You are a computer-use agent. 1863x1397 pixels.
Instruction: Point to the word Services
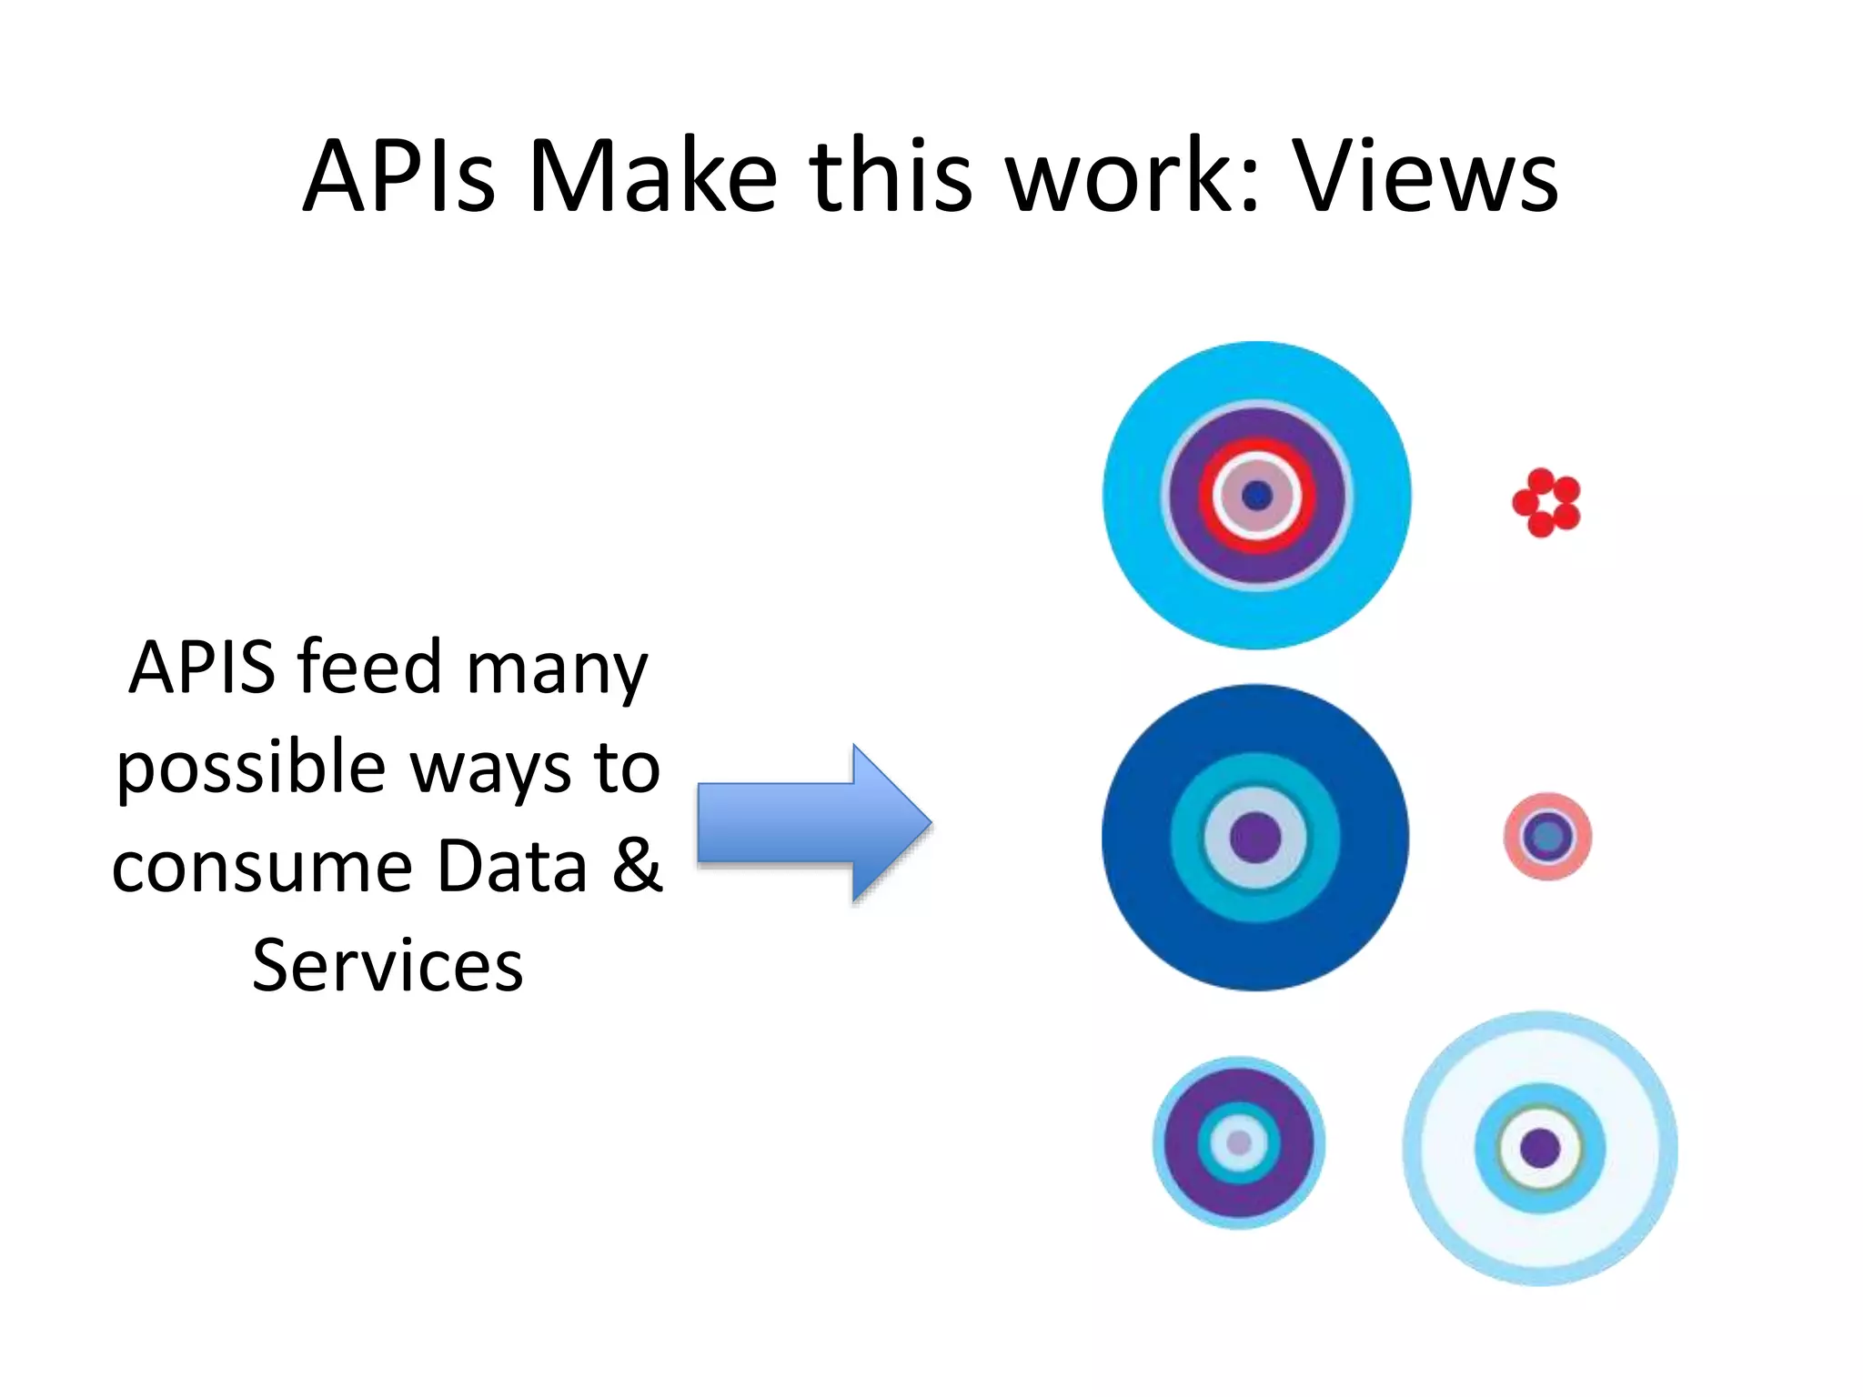(388, 965)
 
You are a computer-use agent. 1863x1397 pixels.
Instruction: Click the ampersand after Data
(637, 865)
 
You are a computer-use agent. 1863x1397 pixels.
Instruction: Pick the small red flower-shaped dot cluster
(1546, 502)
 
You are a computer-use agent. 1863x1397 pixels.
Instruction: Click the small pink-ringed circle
(1546, 836)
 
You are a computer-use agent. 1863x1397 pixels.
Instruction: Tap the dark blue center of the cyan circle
(1257, 496)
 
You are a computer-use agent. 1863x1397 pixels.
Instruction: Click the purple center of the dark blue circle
(1255, 838)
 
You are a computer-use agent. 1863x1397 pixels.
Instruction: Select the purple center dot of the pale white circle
(1540, 1148)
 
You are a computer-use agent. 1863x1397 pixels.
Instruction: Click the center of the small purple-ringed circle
(1239, 1142)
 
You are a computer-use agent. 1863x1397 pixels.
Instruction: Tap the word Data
(511, 865)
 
